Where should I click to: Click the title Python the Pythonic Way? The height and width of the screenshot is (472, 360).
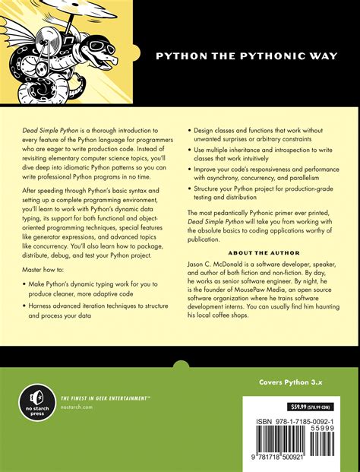coord(246,55)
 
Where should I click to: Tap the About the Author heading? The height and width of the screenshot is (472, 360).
coord(270,251)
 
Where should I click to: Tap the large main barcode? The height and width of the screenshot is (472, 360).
coord(281,445)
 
